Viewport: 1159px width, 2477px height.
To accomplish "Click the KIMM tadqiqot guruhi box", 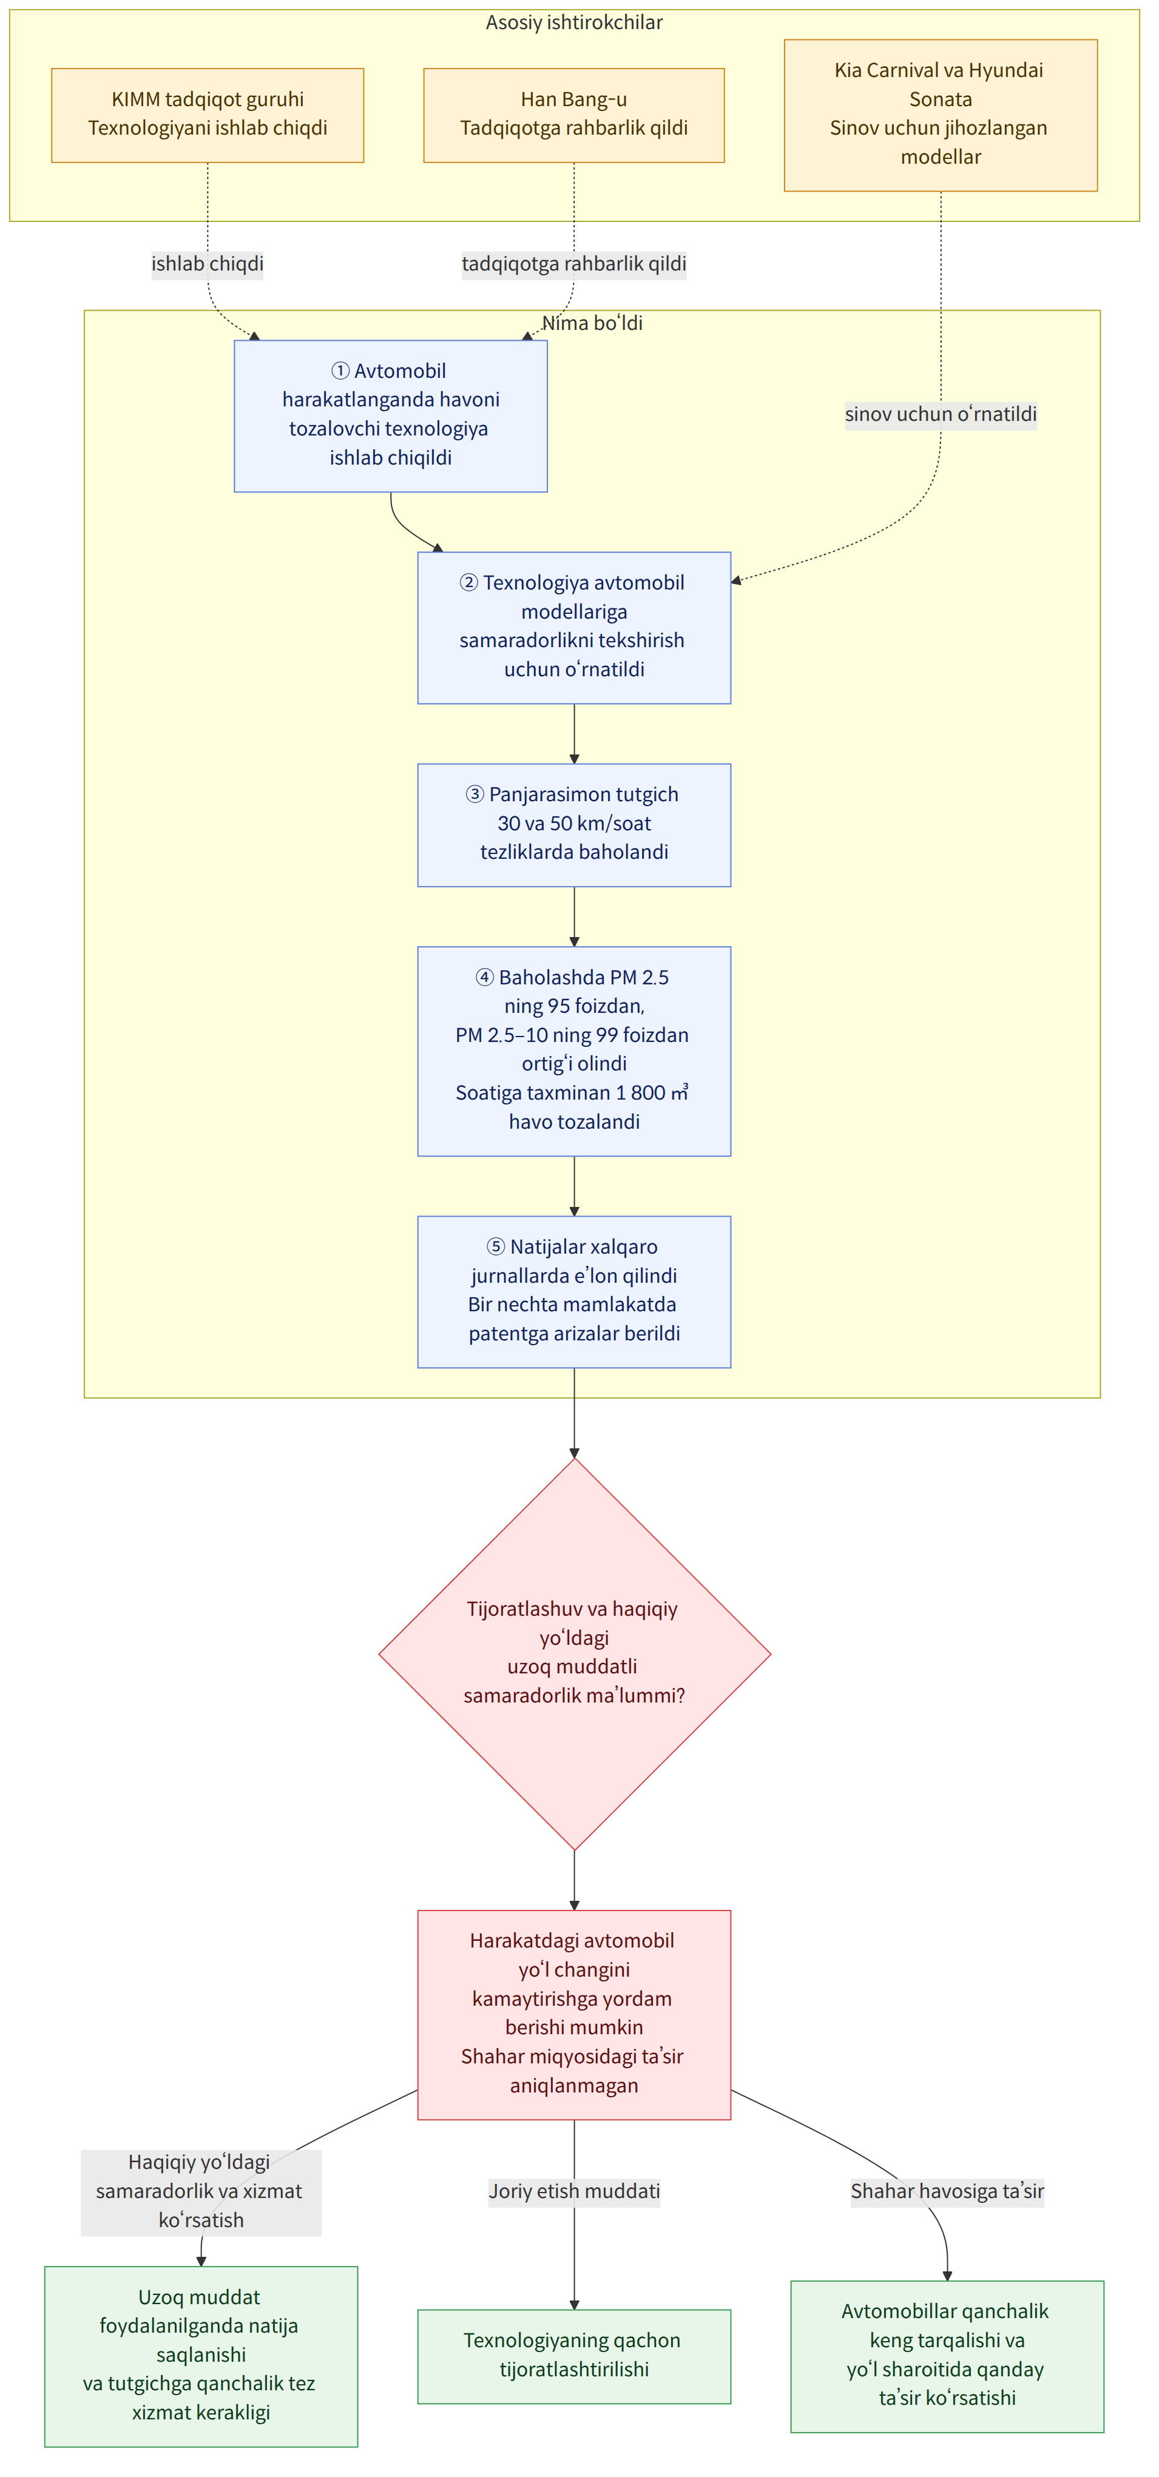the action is [x=208, y=115].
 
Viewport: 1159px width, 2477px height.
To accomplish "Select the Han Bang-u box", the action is [x=574, y=115].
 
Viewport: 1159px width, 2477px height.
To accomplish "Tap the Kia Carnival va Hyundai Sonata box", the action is [x=941, y=115].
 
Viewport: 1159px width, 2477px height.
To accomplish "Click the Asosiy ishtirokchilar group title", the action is [x=574, y=22].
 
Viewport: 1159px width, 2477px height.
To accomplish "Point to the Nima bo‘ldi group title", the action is [x=592, y=323].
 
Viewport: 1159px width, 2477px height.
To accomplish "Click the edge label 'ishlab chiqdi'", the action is [x=208, y=263].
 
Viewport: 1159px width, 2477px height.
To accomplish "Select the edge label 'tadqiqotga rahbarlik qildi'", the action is [x=574, y=263].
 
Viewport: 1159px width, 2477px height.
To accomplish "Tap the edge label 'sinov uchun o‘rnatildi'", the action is [x=941, y=414].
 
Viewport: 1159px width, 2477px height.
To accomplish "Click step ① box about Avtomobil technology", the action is [x=391, y=416].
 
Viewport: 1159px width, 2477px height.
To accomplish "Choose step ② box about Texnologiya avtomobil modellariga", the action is [x=574, y=628].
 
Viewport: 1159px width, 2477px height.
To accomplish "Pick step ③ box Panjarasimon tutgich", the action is [x=574, y=825].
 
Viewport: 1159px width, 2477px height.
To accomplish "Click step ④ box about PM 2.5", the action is [x=574, y=1051].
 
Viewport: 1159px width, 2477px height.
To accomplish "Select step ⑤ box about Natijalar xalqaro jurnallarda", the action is [x=574, y=1291].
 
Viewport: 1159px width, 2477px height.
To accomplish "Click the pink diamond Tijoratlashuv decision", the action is [x=574, y=1654].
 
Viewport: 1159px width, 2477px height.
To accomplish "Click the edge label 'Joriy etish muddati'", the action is [x=574, y=2191].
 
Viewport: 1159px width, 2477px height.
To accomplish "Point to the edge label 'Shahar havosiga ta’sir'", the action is [x=947, y=2191].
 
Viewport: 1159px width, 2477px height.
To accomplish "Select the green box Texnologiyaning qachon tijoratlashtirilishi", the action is [x=574, y=2356].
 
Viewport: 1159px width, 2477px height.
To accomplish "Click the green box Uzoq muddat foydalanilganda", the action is [x=201, y=2356].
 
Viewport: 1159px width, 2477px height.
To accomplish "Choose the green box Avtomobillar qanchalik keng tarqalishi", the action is [x=947, y=2356].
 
